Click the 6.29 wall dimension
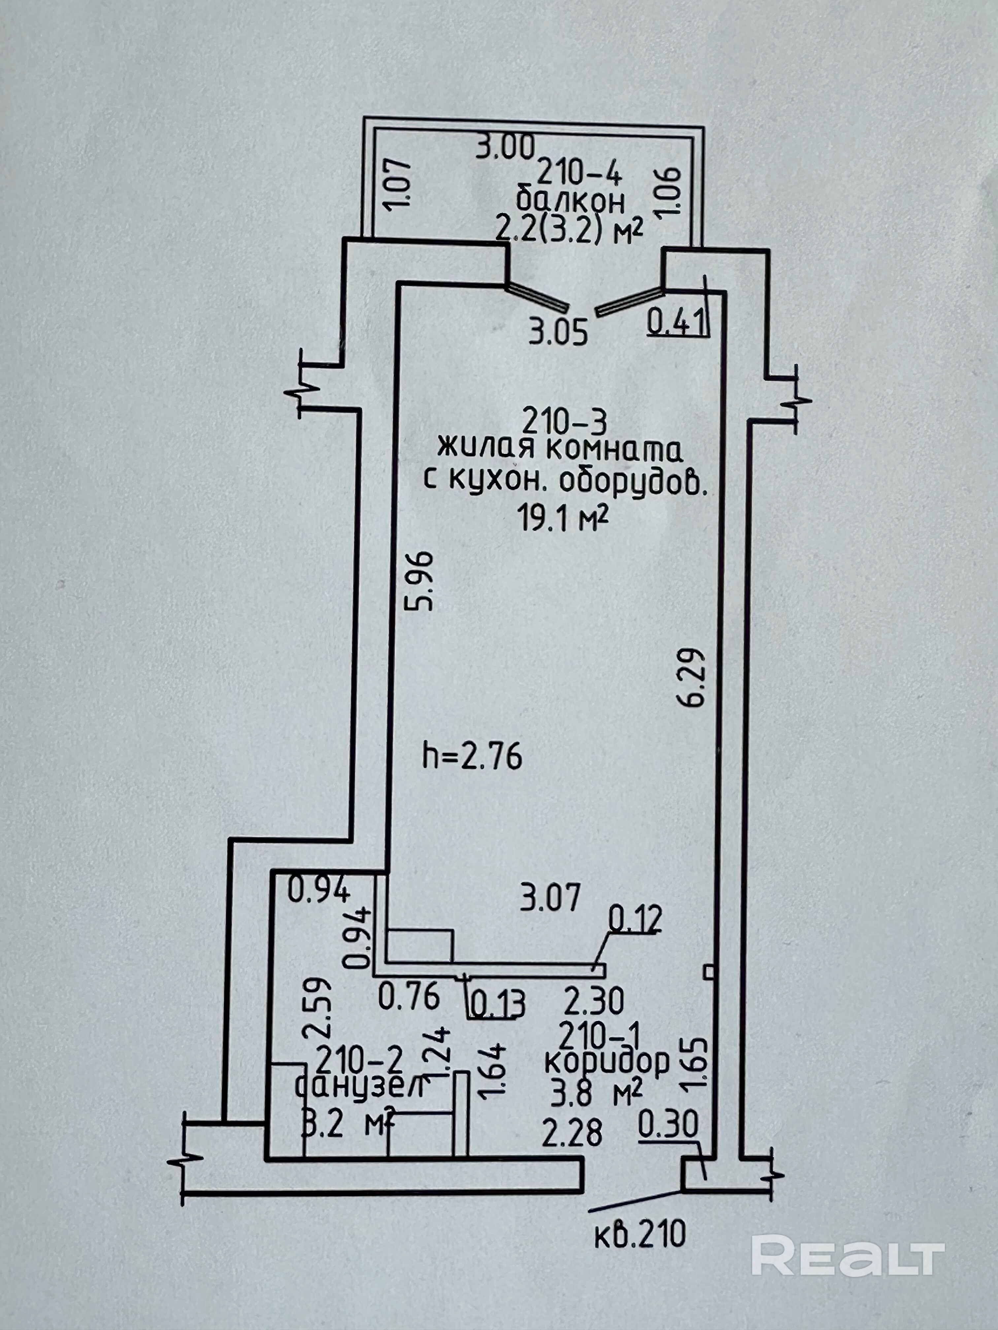tap(692, 678)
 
